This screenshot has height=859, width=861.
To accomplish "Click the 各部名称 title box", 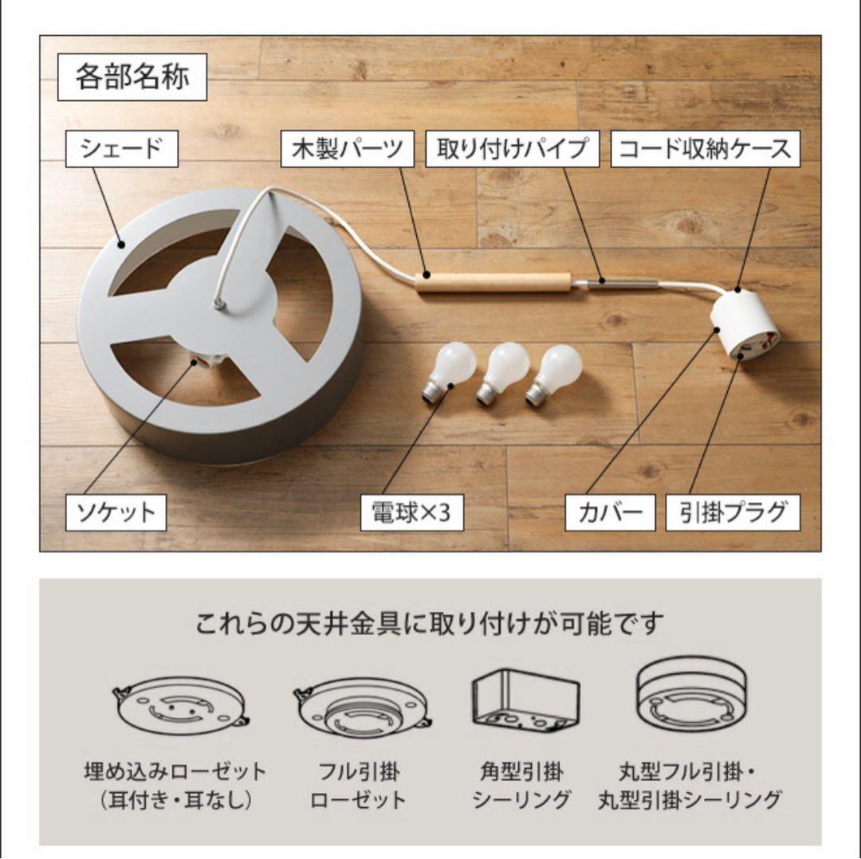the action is click(x=132, y=76).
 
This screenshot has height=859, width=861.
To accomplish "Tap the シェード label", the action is click(x=121, y=149).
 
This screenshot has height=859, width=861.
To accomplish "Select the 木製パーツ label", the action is click(x=347, y=149).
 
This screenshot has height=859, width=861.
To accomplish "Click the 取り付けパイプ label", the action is click(x=513, y=149).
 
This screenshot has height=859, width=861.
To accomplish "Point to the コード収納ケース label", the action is click(x=705, y=149).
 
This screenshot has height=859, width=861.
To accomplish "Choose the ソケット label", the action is click(x=116, y=512).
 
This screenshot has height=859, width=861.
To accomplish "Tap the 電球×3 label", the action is click(x=412, y=512).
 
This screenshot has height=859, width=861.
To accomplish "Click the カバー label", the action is click(x=610, y=512).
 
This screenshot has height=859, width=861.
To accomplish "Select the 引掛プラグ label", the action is click(x=733, y=512).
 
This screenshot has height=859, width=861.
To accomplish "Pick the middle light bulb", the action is click(x=500, y=372).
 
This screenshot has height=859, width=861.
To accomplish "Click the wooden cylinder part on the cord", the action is click(x=493, y=283).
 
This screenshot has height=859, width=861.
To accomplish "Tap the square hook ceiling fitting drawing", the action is click(x=525, y=701).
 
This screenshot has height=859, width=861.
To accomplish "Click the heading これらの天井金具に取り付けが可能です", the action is click(x=430, y=623).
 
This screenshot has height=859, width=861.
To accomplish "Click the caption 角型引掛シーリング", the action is click(x=521, y=786).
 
